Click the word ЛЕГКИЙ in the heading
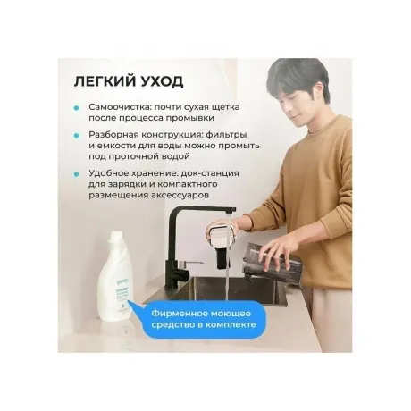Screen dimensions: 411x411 (x=104, y=81)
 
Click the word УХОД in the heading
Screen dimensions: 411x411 (x=161, y=81)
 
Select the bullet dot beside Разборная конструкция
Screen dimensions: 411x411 (x=77, y=136)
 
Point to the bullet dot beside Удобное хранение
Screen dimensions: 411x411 (x=77, y=174)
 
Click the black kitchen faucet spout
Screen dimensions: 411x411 (x=202, y=211)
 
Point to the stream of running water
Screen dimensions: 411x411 (x=227, y=262)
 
